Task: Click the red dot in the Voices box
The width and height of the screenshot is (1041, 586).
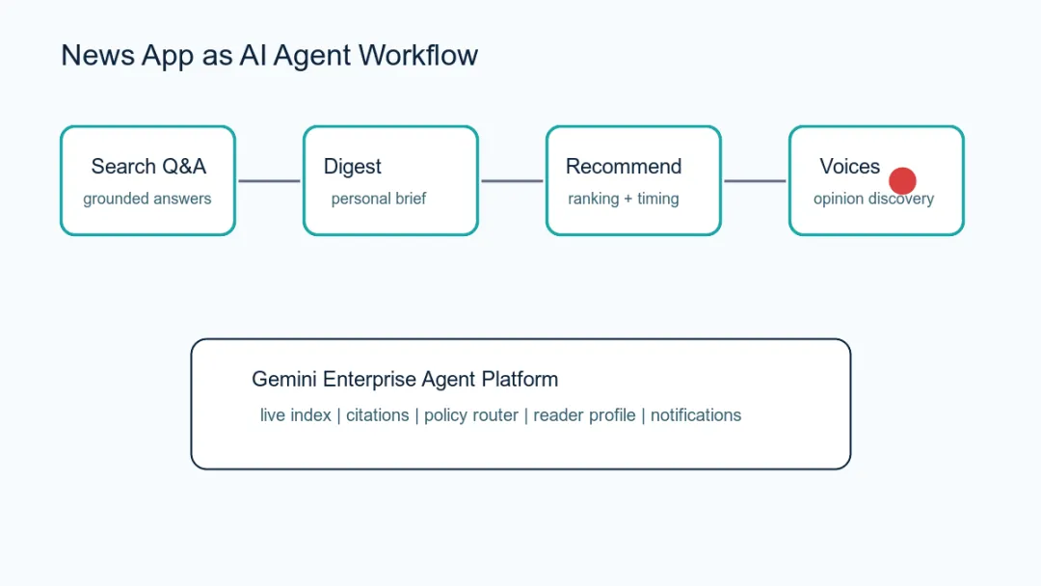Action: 902,180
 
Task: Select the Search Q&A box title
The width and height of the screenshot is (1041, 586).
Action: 148,166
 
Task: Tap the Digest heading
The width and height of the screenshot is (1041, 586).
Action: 353,167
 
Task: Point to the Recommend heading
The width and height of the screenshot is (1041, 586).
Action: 624,166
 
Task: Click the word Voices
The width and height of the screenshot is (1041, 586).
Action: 850,166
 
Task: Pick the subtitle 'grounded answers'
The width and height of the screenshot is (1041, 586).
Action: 147,199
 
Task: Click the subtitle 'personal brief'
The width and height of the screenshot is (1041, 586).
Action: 379,199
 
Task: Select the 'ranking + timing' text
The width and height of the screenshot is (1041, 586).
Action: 624,199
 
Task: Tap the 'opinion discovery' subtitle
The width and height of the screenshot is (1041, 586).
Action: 873,199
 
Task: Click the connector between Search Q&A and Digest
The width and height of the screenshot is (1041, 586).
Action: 269,180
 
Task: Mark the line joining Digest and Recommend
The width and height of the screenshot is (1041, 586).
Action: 512,180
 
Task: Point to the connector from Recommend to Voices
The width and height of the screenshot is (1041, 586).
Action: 755,180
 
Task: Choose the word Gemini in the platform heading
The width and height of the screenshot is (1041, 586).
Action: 284,379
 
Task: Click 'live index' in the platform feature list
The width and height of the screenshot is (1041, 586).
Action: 296,414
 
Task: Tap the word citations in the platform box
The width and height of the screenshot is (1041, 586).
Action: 377,414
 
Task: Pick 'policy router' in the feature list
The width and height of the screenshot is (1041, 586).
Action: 471,414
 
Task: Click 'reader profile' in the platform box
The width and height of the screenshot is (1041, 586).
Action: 584,414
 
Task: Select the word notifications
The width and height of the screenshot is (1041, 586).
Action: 696,414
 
